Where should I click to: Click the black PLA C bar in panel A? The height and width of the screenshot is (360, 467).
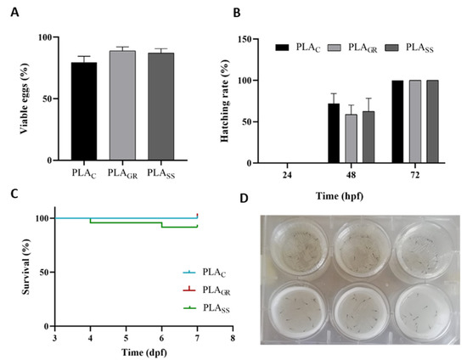point(83,111)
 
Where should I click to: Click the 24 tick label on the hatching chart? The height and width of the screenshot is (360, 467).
point(290,176)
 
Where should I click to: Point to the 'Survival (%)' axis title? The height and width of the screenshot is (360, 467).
point(16,271)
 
